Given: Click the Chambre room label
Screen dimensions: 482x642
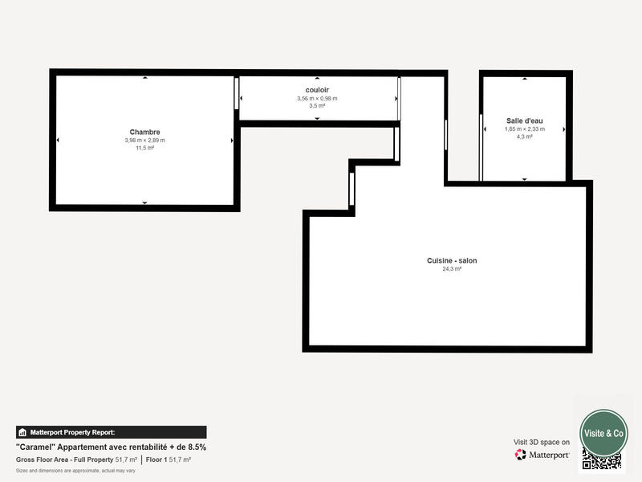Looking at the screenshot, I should tap(144, 132).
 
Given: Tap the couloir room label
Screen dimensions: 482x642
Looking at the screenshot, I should tap(317, 89).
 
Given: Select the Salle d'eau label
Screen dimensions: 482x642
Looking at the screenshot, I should tap(524, 120).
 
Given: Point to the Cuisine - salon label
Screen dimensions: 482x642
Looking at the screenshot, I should tap(452, 260).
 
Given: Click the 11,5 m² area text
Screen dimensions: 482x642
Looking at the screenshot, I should tap(144, 149).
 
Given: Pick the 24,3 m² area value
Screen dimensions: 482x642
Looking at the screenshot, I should tap(452, 269).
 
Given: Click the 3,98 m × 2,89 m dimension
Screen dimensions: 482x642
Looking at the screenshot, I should tap(144, 141).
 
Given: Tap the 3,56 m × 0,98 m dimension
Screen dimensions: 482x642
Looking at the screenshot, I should tap(317, 98).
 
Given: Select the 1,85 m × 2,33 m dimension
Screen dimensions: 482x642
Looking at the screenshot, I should tap(524, 129).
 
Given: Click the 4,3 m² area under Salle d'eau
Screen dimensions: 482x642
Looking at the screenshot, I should tap(524, 137).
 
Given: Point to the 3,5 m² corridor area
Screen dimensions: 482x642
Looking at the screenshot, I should tap(317, 105).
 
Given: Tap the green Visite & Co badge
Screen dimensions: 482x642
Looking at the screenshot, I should tap(603, 433).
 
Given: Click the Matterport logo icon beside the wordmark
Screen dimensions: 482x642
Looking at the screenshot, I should tap(521, 455).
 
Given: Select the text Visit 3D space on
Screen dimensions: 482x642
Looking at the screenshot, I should tap(542, 442).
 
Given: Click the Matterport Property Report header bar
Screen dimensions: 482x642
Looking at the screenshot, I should tap(111, 432).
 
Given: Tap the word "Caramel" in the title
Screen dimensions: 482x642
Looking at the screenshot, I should tap(35, 447).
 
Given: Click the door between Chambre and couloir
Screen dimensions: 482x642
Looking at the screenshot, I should tap(237, 92).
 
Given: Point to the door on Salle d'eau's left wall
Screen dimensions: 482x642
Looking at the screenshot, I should tap(481, 148).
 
